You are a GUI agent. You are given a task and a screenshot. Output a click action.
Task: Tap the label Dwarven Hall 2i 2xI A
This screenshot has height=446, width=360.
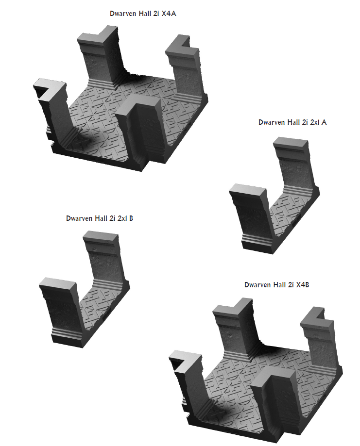click(292, 122)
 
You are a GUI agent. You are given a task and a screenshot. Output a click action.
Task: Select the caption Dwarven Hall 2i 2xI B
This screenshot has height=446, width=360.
click(100, 218)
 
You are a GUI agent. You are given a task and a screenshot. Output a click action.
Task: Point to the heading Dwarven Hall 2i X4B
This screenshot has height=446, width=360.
click(276, 285)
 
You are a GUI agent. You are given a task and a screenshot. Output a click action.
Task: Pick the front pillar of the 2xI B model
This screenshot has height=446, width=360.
click(58, 311)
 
